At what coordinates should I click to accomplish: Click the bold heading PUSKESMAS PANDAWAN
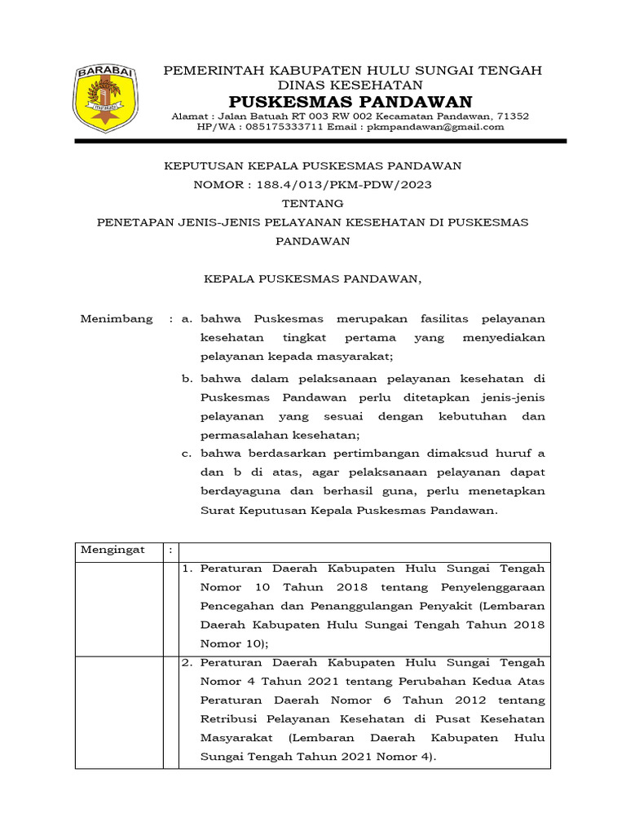(350, 102)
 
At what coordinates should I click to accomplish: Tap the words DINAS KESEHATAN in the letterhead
(351, 86)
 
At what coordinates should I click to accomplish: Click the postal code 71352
(513, 116)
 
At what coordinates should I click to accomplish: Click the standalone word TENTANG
(312, 204)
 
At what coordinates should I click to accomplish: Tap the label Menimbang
(116, 318)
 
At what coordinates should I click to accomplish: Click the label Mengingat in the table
(112, 550)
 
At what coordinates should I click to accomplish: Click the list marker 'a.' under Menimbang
(187, 318)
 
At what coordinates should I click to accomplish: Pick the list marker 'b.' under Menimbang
(187, 379)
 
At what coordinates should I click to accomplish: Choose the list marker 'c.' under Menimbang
(187, 454)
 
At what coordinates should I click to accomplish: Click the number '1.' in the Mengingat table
(187, 568)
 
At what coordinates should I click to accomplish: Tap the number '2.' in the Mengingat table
(187, 663)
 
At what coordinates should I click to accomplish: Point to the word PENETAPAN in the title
(134, 222)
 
